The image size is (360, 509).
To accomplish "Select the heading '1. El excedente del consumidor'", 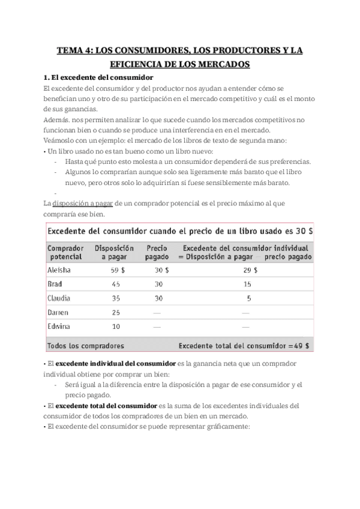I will [99, 77].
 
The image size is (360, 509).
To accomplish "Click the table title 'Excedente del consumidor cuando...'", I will [171, 231].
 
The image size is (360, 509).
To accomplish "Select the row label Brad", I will [55, 284].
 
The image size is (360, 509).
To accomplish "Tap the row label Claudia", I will [59, 298].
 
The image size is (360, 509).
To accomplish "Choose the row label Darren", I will [58, 312].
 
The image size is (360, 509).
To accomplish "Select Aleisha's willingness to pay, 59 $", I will [118, 270].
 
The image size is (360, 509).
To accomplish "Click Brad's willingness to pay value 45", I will [116, 284].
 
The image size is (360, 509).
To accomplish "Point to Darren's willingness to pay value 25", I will [116, 312].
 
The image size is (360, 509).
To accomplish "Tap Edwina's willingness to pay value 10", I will [116, 326].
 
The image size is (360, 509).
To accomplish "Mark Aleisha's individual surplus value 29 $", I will [251, 270].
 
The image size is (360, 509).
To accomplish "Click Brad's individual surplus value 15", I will [247, 284].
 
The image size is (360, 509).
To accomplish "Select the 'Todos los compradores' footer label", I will [85, 346].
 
